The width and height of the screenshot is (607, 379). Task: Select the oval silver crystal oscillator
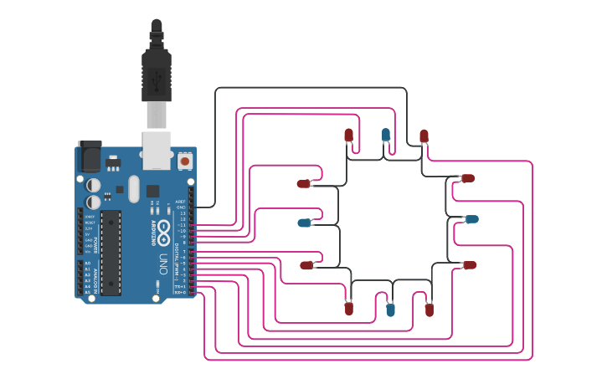(132, 189)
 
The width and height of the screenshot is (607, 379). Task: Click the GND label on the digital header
(181, 207)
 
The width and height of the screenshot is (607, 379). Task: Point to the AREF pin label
(181, 202)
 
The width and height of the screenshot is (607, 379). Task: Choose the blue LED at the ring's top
(386, 134)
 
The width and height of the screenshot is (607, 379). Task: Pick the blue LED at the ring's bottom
(390, 310)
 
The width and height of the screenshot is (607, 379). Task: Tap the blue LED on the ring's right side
(471, 219)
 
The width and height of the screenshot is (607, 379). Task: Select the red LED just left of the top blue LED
(349, 135)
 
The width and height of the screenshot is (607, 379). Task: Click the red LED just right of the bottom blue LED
(430, 310)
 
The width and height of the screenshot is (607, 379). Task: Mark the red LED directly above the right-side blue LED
(468, 178)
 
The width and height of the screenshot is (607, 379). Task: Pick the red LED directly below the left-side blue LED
(306, 265)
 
